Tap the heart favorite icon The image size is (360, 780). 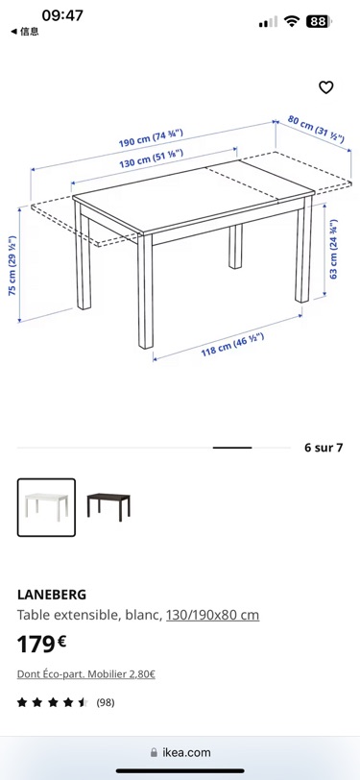click(325, 87)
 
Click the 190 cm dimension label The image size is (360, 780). click(151, 137)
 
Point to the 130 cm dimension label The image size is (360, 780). click(151, 158)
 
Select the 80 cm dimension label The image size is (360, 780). click(316, 129)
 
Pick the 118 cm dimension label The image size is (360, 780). click(232, 344)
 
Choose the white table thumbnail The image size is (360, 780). click(46, 507)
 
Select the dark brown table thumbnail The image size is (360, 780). click(108, 507)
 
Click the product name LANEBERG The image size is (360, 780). click(52, 595)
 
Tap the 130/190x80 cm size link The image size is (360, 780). click(212, 616)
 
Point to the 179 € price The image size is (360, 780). click(42, 645)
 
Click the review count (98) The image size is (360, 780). click(105, 702)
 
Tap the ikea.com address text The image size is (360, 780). click(186, 752)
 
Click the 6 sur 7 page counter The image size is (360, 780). click(324, 448)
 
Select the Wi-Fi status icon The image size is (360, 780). click(292, 21)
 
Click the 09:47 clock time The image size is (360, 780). click(62, 15)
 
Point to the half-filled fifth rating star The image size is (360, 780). click(83, 702)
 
